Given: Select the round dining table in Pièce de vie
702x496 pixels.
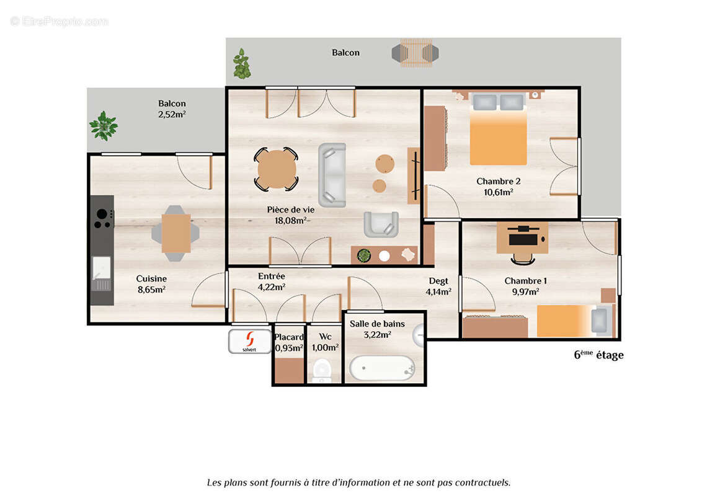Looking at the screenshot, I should pos(277,169).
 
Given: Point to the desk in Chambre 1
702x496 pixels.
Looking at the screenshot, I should pos(522,238).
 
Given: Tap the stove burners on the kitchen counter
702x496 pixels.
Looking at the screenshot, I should pos(102,218).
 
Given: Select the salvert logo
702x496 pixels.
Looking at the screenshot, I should pos(250,341).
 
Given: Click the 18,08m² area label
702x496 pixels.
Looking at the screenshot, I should pos(291,221).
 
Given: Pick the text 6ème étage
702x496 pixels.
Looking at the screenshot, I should pos(598,355).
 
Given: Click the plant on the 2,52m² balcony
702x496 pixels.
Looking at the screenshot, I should pos(103,126).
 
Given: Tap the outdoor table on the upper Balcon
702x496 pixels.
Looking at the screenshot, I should pos(415,53).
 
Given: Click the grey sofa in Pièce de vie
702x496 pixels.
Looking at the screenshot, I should pos(332,175).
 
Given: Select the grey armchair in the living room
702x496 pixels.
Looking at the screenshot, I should pos(381,224).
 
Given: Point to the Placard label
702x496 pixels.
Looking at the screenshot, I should pos(289,337).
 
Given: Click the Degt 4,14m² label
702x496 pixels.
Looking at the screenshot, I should pos(438,286).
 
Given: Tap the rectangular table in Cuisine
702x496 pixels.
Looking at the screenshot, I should pos(176,233).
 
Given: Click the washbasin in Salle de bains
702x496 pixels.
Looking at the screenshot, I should pos(420,334).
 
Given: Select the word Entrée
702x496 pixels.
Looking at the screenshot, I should pos(272,276).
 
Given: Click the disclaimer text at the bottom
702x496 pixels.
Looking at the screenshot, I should pos(358,482).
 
